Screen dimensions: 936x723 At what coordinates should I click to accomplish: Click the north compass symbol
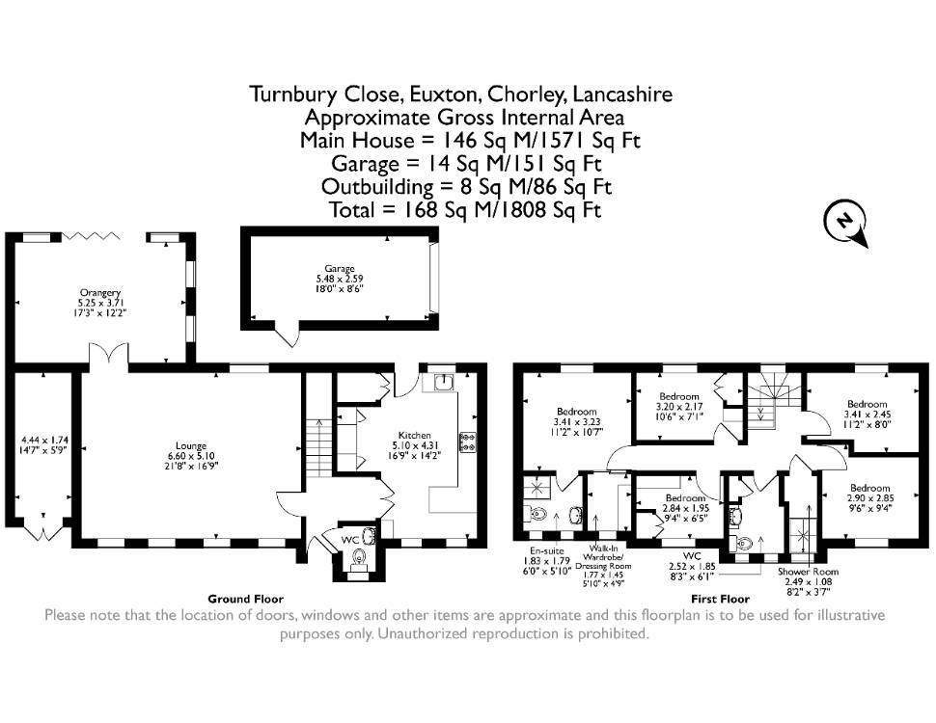pyautogui.click(x=845, y=222)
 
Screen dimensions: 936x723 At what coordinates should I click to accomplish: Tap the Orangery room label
pyautogui.click(x=100, y=293)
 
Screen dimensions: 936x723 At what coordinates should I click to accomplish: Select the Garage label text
pyautogui.click(x=340, y=268)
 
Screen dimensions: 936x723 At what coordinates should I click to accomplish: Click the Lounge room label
pyautogui.click(x=191, y=445)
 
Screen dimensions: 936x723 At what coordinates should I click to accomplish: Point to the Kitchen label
pyautogui.click(x=415, y=436)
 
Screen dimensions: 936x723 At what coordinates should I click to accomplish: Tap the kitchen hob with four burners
pyautogui.click(x=467, y=442)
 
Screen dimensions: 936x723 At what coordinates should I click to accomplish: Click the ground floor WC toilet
pyautogui.click(x=359, y=559)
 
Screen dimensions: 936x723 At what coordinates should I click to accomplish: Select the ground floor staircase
pyautogui.click(x=318, y=447)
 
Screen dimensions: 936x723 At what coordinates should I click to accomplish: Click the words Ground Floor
pyautogui.click(x=245, y=599)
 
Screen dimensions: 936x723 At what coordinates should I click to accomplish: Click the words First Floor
pyautogui.click(x=720, y=599)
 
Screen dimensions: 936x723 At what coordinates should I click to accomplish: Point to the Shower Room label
pyautogui.click(x=809, y=572)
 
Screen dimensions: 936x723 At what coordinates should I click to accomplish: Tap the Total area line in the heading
pyautogui.click(x=465, y=210)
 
